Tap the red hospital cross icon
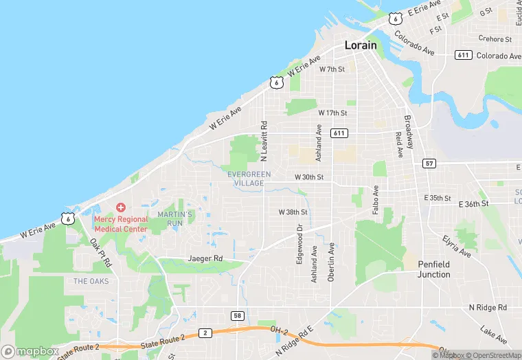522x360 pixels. [x=121, y=207]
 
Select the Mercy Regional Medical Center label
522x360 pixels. [x=121, y=223]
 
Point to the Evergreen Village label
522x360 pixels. [x=245, y=179]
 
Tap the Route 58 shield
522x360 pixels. [x=238, y=315]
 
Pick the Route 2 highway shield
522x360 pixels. [x=205, y=333]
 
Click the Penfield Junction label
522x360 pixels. [x=434, y=269]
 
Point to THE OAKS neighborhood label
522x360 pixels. [x=90, y=281]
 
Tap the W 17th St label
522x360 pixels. [x=332, y=112]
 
